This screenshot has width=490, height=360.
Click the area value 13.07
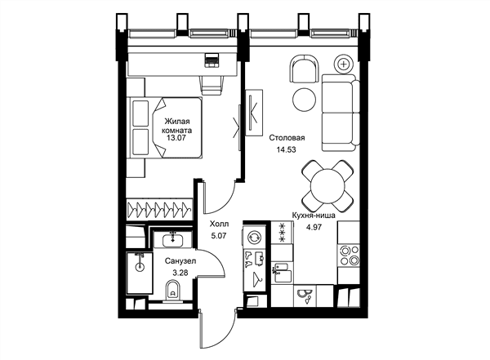176,138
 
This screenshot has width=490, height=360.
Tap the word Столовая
287,138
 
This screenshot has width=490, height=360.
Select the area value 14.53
286,150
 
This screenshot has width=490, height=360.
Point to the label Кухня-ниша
314,216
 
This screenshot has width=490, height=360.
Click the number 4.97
314,227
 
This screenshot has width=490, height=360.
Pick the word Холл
219,224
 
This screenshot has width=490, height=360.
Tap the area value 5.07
219,236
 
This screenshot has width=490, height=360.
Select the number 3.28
180,273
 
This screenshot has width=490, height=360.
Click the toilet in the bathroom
171,291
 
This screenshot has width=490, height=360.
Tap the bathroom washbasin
173,240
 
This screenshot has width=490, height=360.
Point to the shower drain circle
140,268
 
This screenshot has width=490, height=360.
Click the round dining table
327,186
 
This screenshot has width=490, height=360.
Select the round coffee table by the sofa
305,100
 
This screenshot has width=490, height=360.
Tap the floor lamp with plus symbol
344,64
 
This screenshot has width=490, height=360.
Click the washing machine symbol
254,238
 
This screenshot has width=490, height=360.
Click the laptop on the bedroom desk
212,60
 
